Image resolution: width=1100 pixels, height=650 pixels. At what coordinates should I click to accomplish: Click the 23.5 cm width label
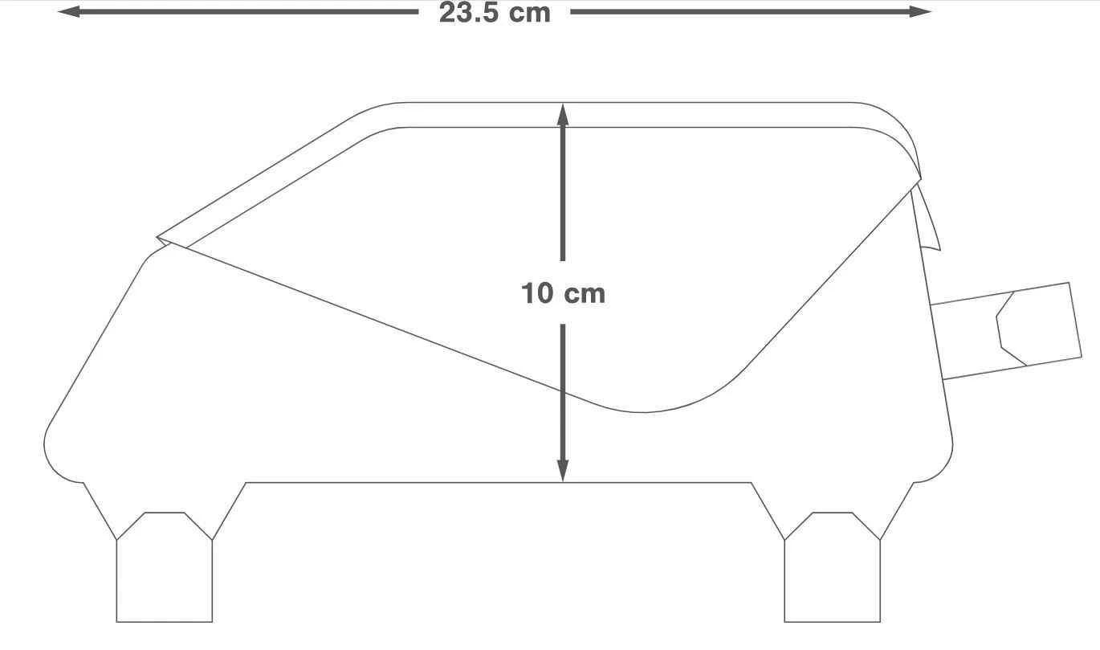click(x=495, y=13)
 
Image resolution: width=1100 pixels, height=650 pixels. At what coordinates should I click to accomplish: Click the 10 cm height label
click(x=563, y=293)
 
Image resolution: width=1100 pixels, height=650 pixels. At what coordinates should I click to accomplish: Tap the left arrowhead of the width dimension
click(x=69, y=12)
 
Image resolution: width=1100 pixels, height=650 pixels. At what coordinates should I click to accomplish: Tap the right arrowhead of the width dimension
click(x=920, y=12)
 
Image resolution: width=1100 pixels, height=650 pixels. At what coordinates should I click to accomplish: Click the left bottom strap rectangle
click(x=165, y=581)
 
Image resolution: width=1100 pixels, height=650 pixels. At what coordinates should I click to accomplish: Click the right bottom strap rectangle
click(x=833, y=581)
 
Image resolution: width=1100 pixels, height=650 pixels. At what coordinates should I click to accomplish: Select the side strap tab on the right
click(x=1007, y=330)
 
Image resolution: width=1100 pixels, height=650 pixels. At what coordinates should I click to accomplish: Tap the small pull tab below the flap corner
click(x=927, y=221)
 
